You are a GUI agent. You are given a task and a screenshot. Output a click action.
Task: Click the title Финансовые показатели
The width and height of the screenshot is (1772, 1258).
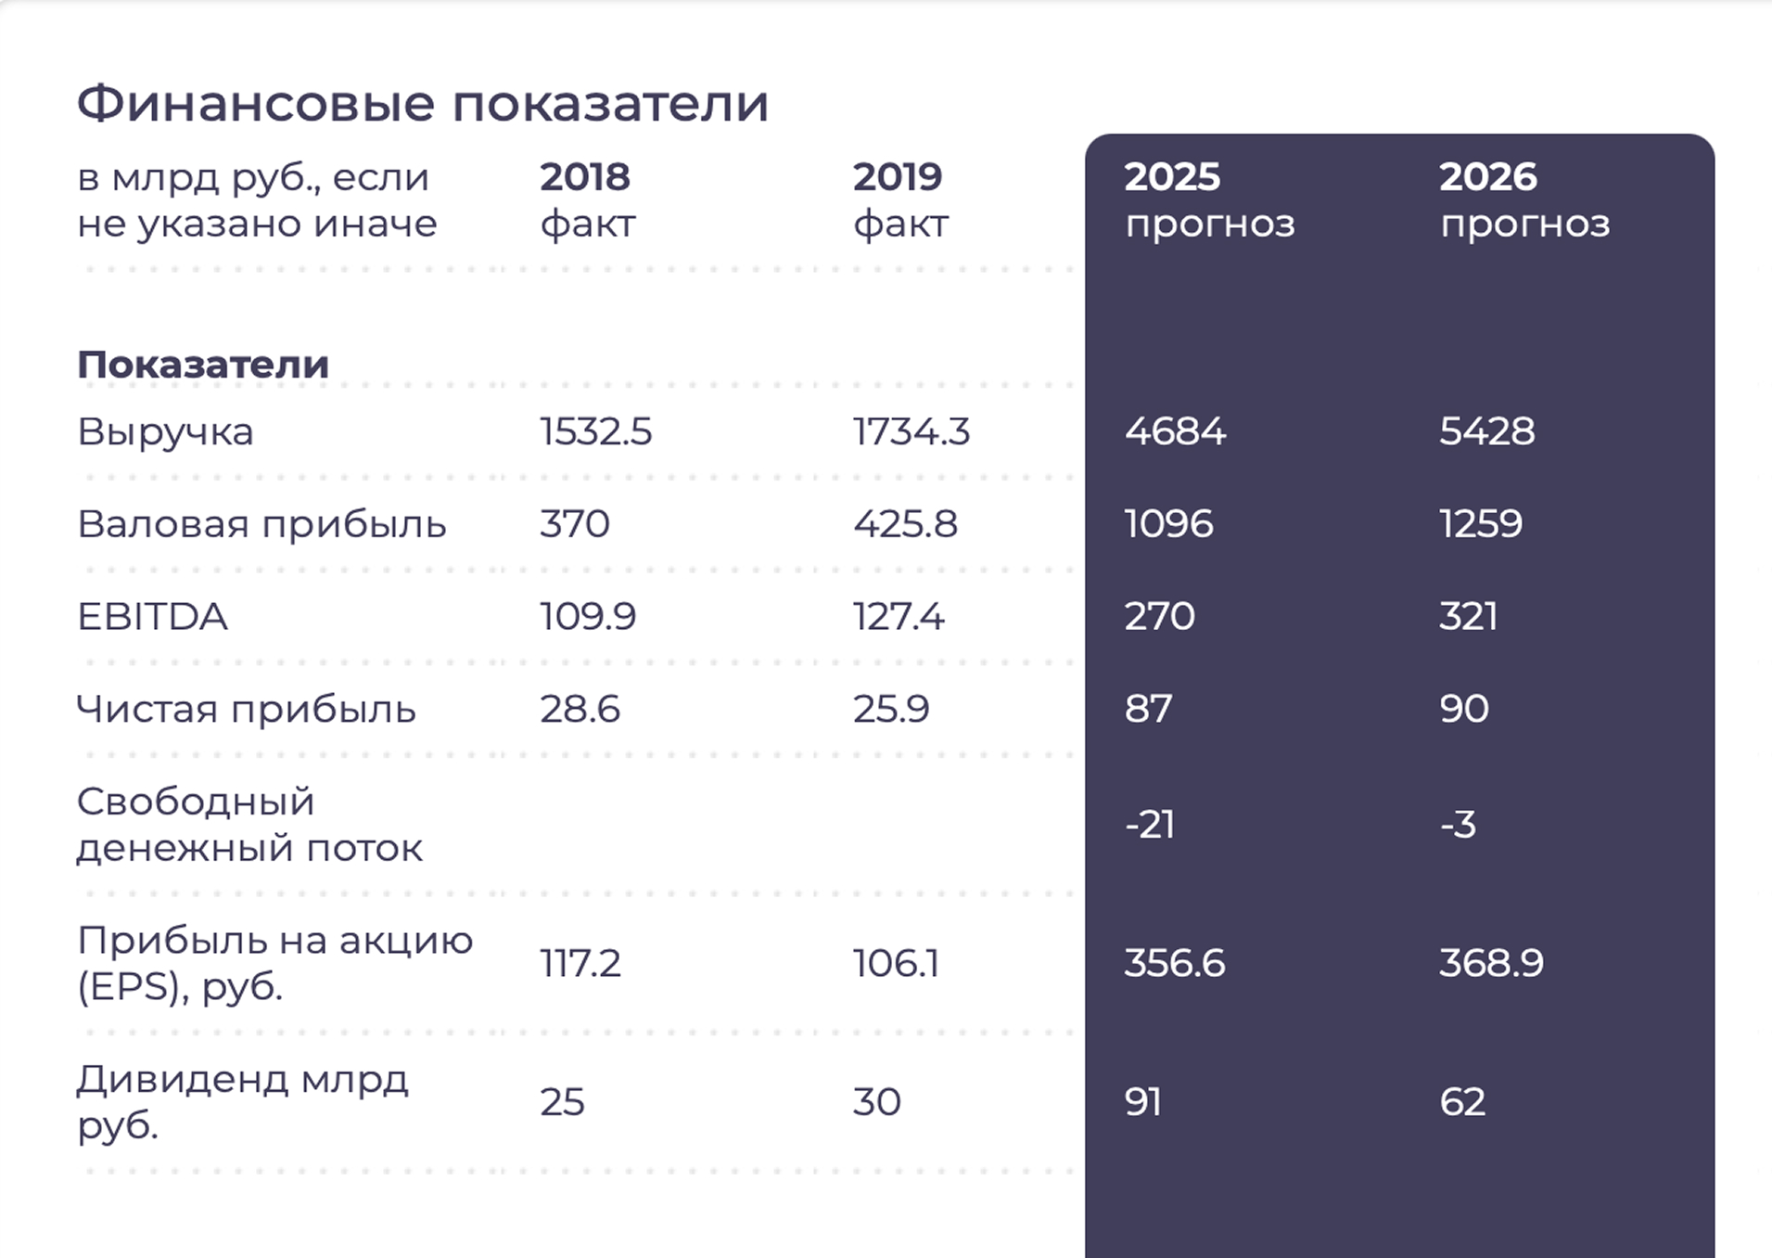[422, 103]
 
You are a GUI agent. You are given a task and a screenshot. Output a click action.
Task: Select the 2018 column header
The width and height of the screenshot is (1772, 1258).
[586, 199]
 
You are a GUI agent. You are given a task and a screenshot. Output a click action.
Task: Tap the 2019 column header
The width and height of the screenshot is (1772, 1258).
[899, 199]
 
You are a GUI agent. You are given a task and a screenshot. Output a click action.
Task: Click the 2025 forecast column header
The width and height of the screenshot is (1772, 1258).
[1208, 199]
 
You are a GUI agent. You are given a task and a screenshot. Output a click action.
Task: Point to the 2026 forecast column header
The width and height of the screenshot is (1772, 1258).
[1523, 199]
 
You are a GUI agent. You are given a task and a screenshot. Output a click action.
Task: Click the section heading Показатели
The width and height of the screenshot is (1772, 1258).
[203, 365]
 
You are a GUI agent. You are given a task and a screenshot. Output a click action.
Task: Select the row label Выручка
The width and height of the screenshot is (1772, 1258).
[165, 431]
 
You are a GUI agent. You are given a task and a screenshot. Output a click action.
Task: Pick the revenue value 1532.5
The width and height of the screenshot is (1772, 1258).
[595, 431]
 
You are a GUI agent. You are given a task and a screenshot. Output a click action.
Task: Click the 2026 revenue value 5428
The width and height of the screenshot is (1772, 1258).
[1486, 431]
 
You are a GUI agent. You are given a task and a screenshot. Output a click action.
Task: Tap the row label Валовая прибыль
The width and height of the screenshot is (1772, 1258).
[261, 524]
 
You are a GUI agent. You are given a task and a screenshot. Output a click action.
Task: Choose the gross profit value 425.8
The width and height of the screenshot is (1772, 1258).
[905, 524]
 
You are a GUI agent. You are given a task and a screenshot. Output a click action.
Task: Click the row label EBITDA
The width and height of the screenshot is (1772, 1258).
[152, 617]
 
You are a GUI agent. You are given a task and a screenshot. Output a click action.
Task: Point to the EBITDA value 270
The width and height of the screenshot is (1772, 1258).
[1159, 617]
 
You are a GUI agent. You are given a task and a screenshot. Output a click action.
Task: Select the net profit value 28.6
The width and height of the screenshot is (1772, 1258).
[580, 710]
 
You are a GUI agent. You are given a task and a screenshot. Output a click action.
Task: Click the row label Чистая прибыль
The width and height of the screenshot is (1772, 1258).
[246, 710]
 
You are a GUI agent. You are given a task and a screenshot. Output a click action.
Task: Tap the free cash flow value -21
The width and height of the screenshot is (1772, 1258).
[1149, 825]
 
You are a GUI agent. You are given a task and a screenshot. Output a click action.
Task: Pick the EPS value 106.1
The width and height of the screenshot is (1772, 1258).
[896, 963]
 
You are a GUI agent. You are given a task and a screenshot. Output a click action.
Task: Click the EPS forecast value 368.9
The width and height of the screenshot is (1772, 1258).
[1491, 963]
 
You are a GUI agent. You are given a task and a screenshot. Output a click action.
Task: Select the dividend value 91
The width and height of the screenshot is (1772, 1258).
[1142, 1102]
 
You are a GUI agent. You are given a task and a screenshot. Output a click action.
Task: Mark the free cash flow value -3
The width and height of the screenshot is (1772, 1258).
[1457, 825]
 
